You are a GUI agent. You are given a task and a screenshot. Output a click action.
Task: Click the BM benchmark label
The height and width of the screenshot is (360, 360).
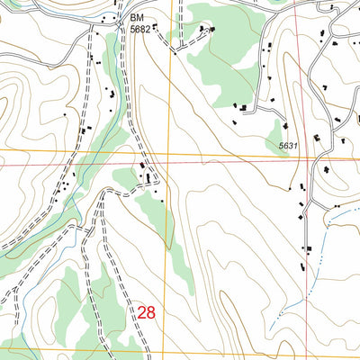[x=137, y=17]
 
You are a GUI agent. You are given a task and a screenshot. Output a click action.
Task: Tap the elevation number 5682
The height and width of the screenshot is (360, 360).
[x=139, y=29]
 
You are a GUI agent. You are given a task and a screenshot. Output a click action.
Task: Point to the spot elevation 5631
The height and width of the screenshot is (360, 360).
[x=287, y=145]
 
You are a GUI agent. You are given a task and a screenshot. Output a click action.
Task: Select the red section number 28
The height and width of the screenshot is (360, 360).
[x=148, y=312]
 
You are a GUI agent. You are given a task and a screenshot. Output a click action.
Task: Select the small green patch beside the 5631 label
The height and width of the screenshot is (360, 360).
[x=280, y=135]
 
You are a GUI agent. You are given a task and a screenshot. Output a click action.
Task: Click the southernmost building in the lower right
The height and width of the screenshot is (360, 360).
[x=308, y=250]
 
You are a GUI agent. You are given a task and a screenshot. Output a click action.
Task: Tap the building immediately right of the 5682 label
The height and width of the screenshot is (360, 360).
[x=155, y=28]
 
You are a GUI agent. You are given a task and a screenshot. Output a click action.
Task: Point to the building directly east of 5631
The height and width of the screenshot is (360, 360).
[x=317, y=137]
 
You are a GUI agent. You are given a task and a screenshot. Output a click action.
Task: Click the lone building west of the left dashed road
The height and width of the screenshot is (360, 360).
[x=65, y=115]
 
